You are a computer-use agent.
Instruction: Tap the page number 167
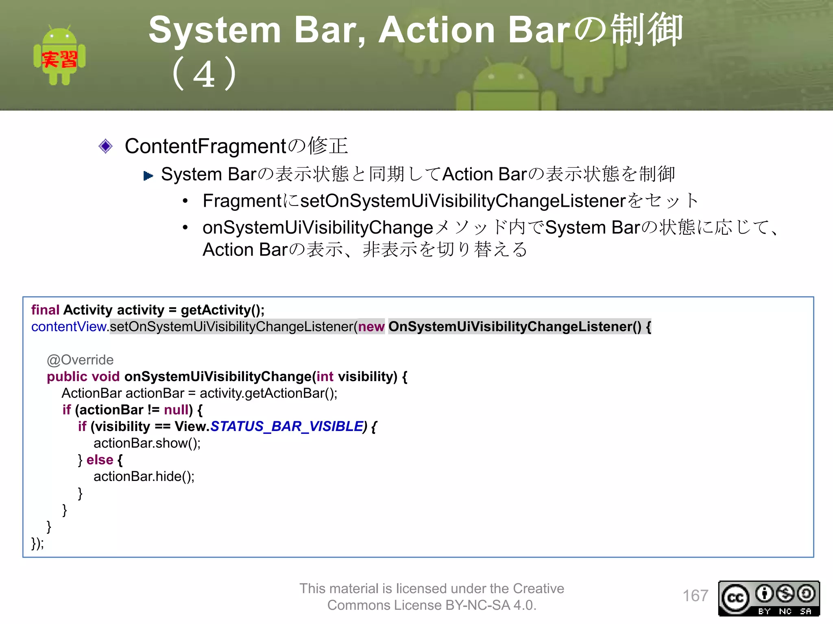[695, 596]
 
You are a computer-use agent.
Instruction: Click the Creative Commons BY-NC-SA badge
[769, 598]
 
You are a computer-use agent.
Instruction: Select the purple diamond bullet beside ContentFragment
[105, 146]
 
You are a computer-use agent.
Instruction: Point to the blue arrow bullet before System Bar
[148, 176]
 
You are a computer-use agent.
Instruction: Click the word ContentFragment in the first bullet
[205, 146]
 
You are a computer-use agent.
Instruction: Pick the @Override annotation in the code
[80, 360]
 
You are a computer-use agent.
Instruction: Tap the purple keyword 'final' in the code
[45, 310]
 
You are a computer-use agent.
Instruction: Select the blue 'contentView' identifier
[69, 327]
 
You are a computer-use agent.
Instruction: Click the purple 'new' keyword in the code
[371, 327]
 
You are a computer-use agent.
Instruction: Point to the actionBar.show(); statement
[147, 443]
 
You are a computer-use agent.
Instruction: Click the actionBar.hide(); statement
[144, 476]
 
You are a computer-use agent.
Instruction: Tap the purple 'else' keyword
[100, 459]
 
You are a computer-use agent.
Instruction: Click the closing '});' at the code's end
[37, 543]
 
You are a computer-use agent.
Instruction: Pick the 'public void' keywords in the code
[83, 377]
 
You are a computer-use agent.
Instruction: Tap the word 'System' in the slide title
[215, 30]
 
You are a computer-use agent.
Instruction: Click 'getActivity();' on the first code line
[222, 310]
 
